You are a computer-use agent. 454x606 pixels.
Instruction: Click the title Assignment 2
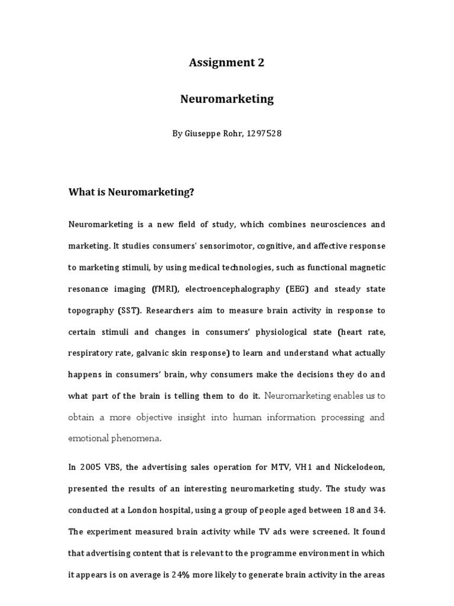click(226, 63)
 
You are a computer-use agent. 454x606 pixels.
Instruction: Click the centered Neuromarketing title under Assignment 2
click(226, 99)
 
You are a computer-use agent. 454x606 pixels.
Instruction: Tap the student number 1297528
click(261, 134)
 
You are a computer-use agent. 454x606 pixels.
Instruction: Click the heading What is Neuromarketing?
click(131, 192)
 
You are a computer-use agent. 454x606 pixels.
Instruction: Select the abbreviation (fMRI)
click(166, 289)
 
